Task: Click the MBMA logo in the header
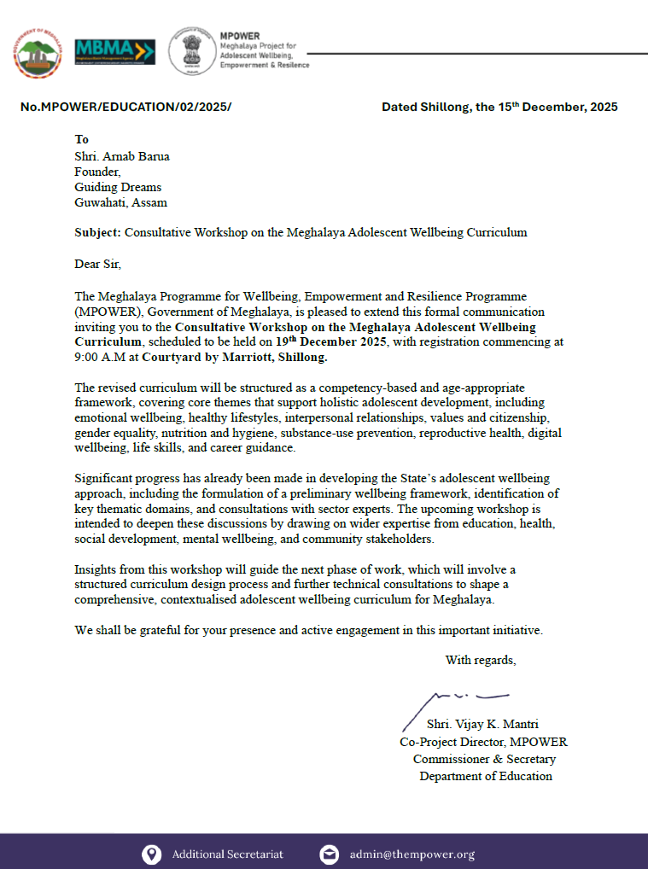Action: pos(115,51)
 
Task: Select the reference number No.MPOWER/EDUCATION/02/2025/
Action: pos(126,108)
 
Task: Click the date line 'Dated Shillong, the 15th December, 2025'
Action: pos(499,108)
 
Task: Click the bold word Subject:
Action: pos(98,232)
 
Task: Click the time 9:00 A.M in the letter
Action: pos(98,357)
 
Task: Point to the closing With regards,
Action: pos(480,660)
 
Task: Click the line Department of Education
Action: pos(485,776)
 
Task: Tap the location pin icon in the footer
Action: pos(151,854)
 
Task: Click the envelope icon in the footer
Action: pos(329,854)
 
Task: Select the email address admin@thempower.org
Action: pos(412,854)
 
